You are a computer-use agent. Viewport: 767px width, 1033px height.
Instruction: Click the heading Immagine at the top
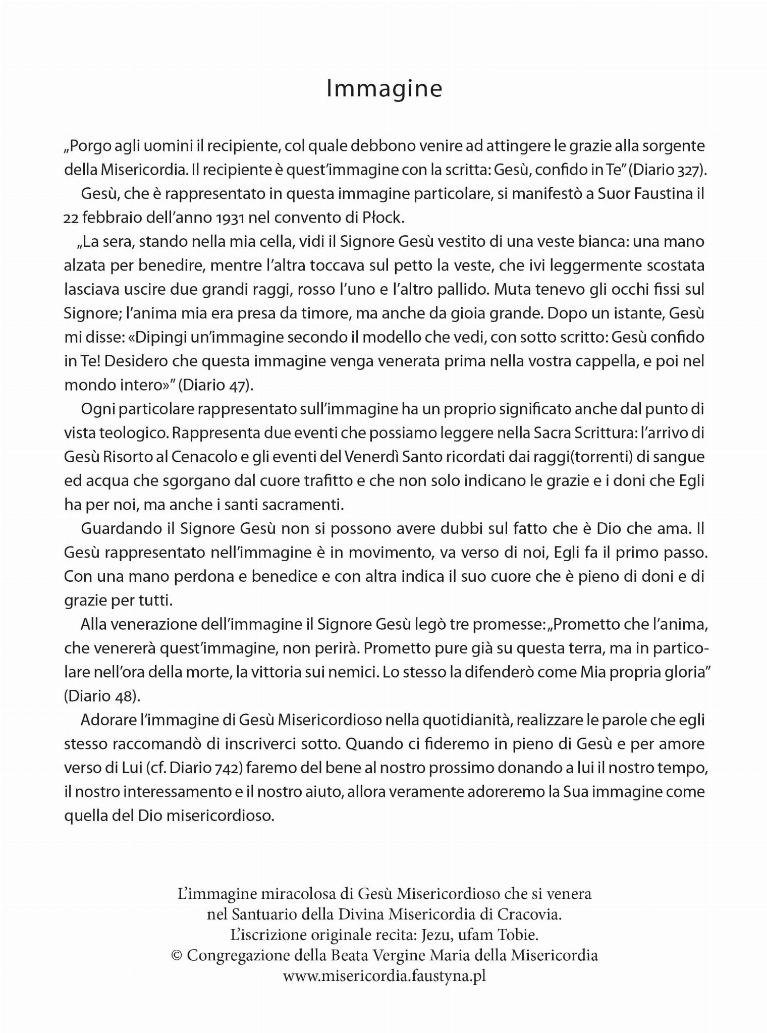click(x=384, y=89)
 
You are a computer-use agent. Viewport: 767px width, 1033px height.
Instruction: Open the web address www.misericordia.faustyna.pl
click(x=384, y=976)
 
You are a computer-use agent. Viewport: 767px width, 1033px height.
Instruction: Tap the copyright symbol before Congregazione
click(x=176, y=956)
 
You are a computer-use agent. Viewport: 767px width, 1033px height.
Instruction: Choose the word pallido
click(x=456, y=290)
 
